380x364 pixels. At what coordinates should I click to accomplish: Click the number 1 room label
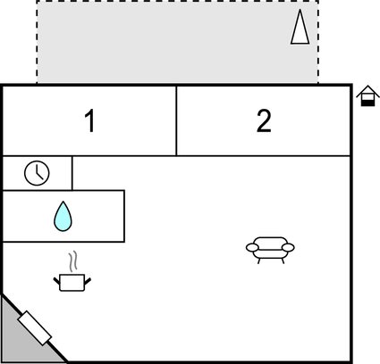[x=89, y=120]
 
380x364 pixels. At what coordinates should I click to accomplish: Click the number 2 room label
[x=264, y=120]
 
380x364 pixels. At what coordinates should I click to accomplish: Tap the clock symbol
[x=37, y=173]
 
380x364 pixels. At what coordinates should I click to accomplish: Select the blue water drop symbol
[x=63, y=216]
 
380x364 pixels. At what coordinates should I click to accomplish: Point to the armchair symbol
[x=270, y=250]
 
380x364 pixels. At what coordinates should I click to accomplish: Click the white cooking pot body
[x=72, y=283]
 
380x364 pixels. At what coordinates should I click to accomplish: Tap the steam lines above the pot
[x=73, y=261]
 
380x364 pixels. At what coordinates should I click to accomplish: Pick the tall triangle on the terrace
[x=300, y=27]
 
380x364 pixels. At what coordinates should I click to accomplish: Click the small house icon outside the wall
[x=367, y=95]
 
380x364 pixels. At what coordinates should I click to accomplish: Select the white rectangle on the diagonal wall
[x=35, y=328]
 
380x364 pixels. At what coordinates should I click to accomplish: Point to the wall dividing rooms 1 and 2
[x=176, y=120]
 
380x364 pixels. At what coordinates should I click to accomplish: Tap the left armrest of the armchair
[x=252, y=247]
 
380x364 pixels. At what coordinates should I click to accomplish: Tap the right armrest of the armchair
[x=288, y=247]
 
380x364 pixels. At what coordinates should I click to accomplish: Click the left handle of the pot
[x=56, y=281]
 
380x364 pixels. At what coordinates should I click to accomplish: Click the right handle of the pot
[x=88, y=281]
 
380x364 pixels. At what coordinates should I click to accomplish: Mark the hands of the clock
[x=38, y=174]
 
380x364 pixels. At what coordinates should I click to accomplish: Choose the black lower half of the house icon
[x=367, y=103]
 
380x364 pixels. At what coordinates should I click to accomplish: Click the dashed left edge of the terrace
[x=37, y=42]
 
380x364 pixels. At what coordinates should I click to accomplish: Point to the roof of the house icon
[x=367, y=89]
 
